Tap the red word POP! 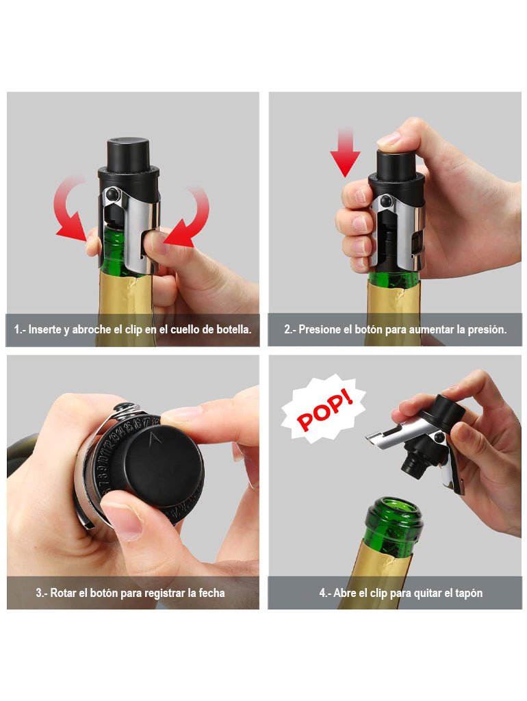coord(325,409)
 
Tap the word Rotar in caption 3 coord(63,593)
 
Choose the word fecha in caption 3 coord(211,593)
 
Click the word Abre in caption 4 coord(345,593)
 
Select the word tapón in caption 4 coord(469,593)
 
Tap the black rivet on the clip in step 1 coord(112,194)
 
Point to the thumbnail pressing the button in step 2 coord(389,139)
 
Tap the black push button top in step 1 coord(127,153)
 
